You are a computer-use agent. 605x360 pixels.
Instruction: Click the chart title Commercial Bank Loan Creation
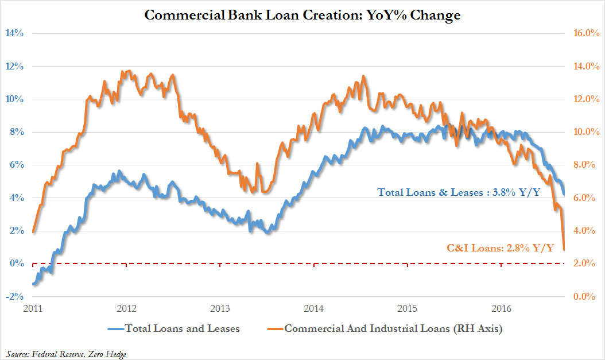pyautogui.click(x=302, y=15)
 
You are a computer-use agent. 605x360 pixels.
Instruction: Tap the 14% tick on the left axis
pyautogui.click(x=14, y=33)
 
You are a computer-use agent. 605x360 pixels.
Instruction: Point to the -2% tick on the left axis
pyautogui.click(x=14, y=296)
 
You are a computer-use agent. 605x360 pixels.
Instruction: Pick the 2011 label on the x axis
pyautogui.click(x=33, y=308)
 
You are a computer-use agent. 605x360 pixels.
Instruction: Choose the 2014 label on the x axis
pyautogui.click(x=314, y=308)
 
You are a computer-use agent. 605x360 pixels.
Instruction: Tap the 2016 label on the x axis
pyautogui.click(x=502, y=308)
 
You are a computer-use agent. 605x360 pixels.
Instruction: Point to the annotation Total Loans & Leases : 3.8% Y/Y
pyautogui.click(x=458, y=192)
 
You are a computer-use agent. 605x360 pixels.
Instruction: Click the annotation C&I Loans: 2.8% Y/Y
pyautogui.click(x=500, y=248)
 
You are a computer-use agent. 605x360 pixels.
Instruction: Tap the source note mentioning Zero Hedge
pyautogui.click(x=67, y=354)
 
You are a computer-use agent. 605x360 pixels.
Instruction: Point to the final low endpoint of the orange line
pyautogui.click(x=564, y=250)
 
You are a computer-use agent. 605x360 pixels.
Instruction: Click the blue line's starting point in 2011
pyautogui.click(x=33, y=284)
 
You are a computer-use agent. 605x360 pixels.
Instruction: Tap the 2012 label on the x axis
pyautogui.click(x=126, y=308)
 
